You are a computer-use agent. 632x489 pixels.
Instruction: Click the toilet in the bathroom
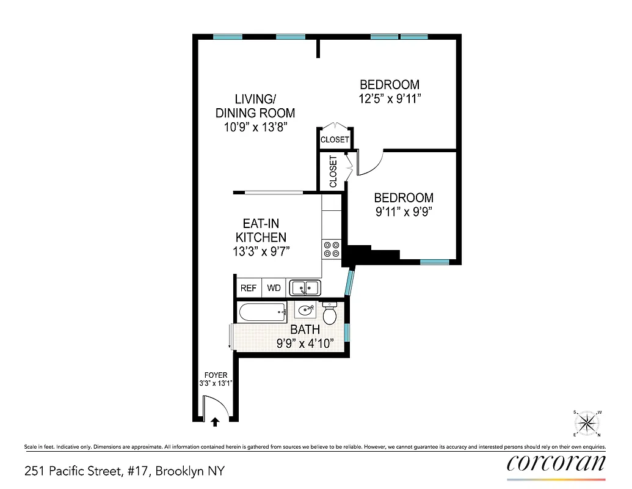[x=330, y=314]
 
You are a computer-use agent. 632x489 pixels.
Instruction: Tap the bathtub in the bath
[x=262, y=313]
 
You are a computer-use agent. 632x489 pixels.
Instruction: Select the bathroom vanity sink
[x=305, y=310]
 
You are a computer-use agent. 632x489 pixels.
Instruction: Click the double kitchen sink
[x=304, y=287]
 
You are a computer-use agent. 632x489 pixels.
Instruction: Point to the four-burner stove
[x=332, y=249]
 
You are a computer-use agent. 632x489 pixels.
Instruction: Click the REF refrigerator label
[x=249, y=288]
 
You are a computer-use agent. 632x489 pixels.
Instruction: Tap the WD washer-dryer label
[x=274, y=288]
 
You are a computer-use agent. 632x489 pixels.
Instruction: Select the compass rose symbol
[x=588, y=422]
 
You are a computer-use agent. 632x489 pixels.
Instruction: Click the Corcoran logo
[x=556, y=463]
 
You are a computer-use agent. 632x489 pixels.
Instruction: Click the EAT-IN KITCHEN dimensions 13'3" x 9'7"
[x=261, y=251]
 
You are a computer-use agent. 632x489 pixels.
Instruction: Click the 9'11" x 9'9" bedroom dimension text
[x=404, y=212]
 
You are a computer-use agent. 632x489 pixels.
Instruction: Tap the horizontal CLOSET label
[x=335, y=140]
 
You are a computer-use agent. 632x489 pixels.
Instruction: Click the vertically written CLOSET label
[x=333, y=172]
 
